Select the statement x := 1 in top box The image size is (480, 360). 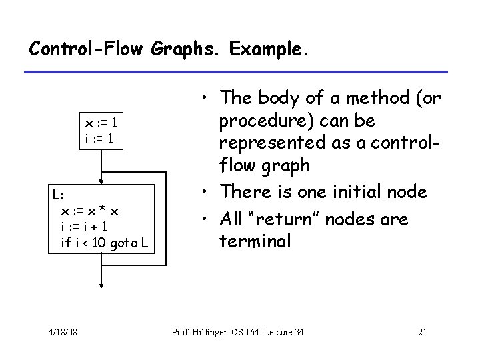point(101,124)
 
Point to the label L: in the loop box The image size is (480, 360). point(59,195)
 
